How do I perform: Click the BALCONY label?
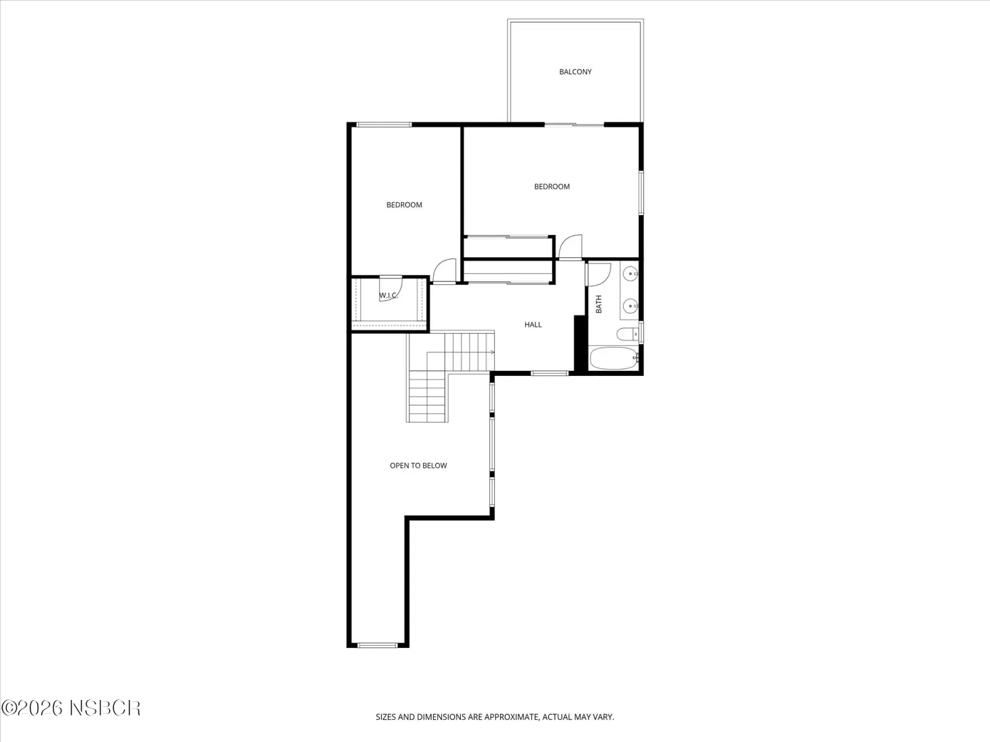point(575,72)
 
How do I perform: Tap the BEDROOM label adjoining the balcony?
point(551,187)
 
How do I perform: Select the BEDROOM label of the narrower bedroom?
point(404,205)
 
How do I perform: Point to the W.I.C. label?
point(389,296)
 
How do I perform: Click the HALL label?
point(533,325)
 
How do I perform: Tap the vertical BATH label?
point(599,304)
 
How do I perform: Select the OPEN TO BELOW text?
point(418,466)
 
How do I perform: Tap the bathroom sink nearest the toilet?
point(631,306)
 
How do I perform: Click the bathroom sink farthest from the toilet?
point(631,273)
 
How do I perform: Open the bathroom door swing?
point(598,275)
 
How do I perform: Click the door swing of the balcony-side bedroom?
point(570,247)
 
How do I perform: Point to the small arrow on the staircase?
point(492,352)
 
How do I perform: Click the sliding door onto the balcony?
point(574,124)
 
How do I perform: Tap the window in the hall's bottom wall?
point(549,373)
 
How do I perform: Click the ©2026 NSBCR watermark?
point(71,708)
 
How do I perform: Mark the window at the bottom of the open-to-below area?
point(377,645)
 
